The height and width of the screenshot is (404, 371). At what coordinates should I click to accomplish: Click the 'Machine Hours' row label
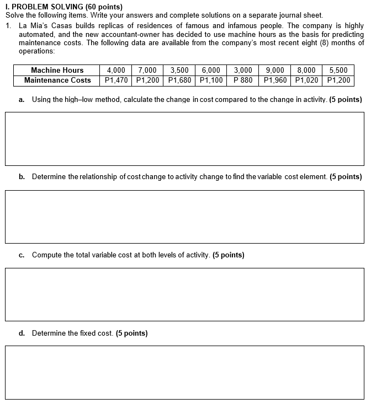57,70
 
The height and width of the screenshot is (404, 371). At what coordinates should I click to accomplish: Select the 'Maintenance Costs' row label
57,80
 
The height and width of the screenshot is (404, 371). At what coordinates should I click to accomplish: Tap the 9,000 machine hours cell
275,70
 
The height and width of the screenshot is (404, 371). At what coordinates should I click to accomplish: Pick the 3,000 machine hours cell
243,70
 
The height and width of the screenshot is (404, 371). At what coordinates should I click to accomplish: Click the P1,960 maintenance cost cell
275,80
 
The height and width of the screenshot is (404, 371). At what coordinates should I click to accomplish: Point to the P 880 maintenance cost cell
243,80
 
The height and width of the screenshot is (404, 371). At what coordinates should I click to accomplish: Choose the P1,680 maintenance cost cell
179,80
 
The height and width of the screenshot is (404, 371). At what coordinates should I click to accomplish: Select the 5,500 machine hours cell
338,70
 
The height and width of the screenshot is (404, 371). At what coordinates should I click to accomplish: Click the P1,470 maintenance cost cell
116,80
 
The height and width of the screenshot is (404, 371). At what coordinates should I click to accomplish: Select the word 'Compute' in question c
47,255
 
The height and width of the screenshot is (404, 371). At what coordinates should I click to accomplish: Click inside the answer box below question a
185,138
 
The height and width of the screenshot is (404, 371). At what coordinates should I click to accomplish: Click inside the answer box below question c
185,294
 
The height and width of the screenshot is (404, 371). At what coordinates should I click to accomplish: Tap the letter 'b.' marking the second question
22,177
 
